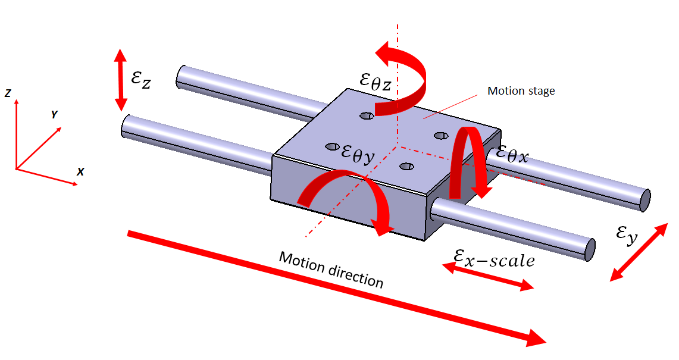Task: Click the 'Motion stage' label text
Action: tap(521, 91)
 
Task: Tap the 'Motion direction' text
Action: tap(331, 270)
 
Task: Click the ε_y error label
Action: tap(627, 235)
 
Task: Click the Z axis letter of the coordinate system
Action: tap(7, 93)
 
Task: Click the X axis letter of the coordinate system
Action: tap(80, 171)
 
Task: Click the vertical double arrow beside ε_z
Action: tap(121, 80)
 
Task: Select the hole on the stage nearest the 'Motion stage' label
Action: tap(441, 136)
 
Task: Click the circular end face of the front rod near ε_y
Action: tap(589, 249)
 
